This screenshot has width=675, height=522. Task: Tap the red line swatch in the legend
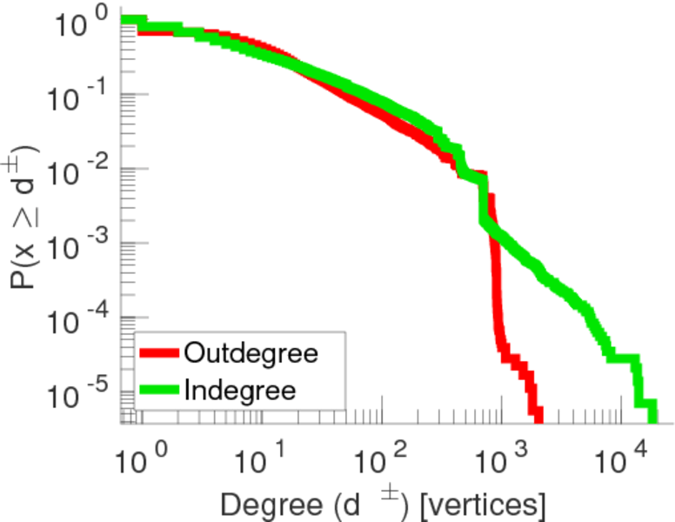click(x=160, y=354)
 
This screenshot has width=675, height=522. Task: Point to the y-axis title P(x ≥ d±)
click(x=26, y=217)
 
